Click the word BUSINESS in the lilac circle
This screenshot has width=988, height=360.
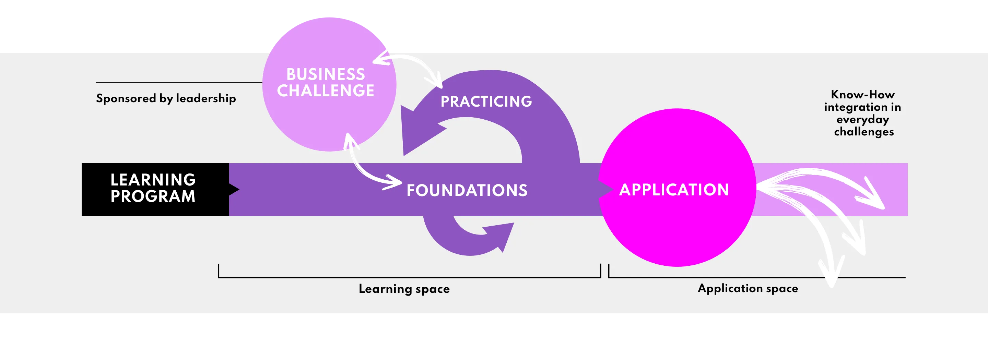pyautogui.click(x=326, y=74)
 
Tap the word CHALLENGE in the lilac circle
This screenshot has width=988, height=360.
pyautogui.click(x=326, y=91)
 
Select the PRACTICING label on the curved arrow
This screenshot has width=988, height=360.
pyautogui.click(x=486, y=101)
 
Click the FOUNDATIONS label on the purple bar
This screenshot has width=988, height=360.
pyautogui.click(x=467, y=191)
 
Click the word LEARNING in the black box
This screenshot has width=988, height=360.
pyautogui.click(x=153, y=180)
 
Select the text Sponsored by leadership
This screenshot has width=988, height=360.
pyautogui.click(x=166, y=98)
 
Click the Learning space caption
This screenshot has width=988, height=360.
pyautogui.click(x=404, y=289)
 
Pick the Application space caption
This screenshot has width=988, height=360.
pyautogui.click(x=748, y=288)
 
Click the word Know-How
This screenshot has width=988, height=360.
pyautogui.click(x=862, y=94)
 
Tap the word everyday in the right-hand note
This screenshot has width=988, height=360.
pyautogui.click(x=862, y=120)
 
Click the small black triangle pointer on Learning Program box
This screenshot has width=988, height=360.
pyautogui.click(x=234, y=189)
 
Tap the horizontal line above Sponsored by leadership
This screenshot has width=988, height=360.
pyautogui.click(x=179, y=82)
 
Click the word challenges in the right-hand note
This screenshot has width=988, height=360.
pyautogui.click(x=864, y=132)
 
